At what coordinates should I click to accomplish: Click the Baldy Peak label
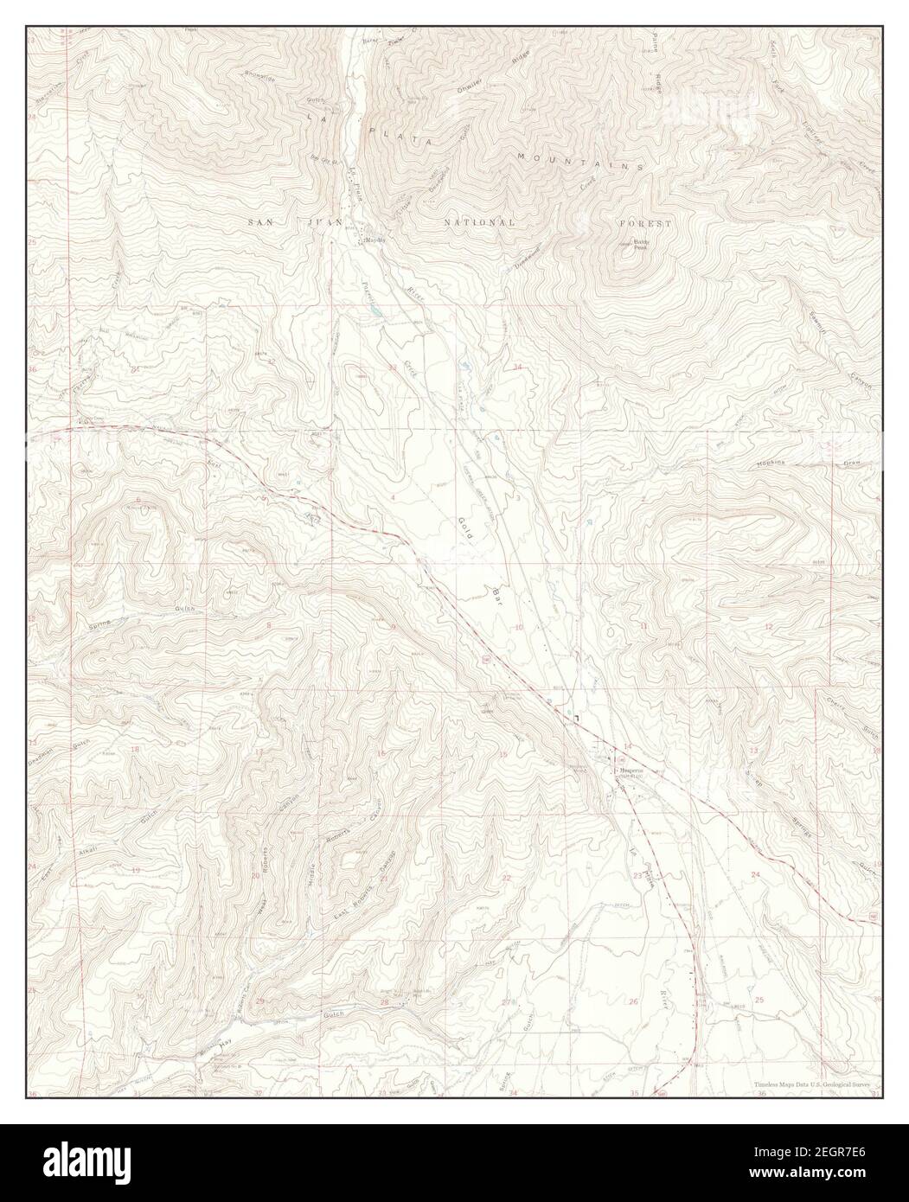[x=640, y=245]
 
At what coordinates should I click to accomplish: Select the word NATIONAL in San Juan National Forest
[x=479, y=223]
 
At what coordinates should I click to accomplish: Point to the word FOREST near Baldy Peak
[x=644, y=223]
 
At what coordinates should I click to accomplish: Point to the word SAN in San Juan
[x=262, y=223]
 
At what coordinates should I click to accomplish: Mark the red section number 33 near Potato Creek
[x=392, y=368]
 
